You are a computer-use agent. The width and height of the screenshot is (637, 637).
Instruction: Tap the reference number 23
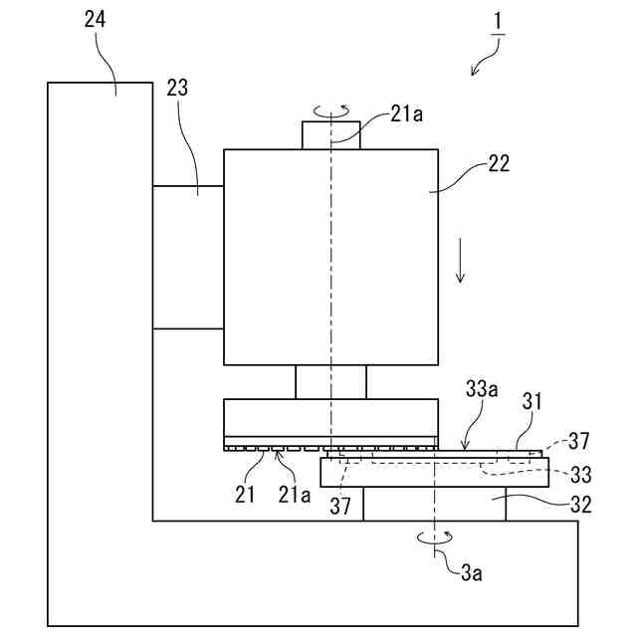[177, 87]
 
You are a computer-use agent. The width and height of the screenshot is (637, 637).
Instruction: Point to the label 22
[499, 164]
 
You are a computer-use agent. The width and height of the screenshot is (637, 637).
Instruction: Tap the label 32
[580, 504]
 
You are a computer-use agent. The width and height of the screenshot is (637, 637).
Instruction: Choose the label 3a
[472, 572]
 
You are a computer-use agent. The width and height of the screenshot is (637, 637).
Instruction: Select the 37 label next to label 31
[579, 440]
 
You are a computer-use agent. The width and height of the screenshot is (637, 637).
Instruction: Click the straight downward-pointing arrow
[460, 261]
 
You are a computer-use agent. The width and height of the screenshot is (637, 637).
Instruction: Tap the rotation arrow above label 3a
[435, 537]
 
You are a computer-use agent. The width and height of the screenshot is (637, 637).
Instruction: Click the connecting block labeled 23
[187, 257]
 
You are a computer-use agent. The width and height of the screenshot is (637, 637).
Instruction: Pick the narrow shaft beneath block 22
[330, 381]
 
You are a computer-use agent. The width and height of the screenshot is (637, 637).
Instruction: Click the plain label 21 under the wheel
[245, 493]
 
